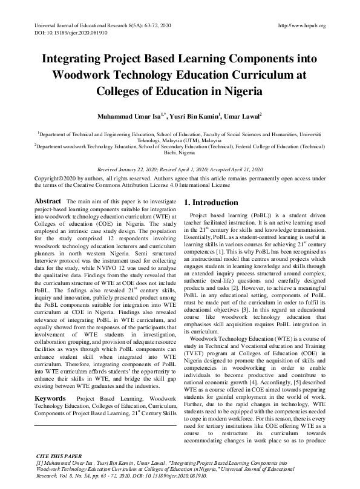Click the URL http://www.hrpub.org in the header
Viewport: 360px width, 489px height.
(301, 25)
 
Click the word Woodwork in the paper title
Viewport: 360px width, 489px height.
(80, 76)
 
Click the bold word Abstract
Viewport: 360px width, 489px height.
(48, 201)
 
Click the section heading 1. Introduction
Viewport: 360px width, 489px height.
(211, 203)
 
